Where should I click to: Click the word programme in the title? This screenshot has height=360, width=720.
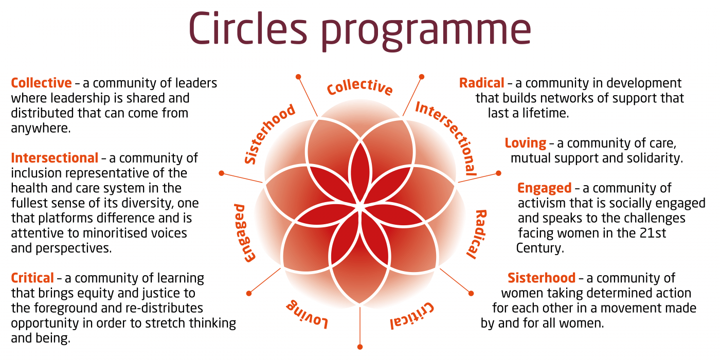click(x=426, y=30)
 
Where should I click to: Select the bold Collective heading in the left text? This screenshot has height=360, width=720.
click(x=41, y=83)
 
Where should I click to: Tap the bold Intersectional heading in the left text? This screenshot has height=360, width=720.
click(x=55, y=157)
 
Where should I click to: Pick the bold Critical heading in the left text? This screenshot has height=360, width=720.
click(x=32, y=278)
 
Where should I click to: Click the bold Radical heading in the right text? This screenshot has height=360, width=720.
click(x=481, y=83)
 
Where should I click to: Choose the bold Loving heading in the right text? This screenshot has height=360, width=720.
click(x=525, y=143)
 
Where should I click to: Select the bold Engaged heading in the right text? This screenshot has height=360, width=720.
click(x=544, y=188)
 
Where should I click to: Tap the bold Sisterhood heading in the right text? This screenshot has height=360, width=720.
click(x=541, y=278)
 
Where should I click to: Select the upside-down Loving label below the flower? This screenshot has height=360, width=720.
click(x=307, y=313)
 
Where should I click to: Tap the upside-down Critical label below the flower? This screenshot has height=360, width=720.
click(x=411, y=315)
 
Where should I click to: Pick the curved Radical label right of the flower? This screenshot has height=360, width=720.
click(x=477, y=233)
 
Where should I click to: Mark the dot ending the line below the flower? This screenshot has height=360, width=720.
click(x=360, y=347)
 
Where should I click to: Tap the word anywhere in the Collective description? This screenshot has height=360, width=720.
click(x=40, y=128)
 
